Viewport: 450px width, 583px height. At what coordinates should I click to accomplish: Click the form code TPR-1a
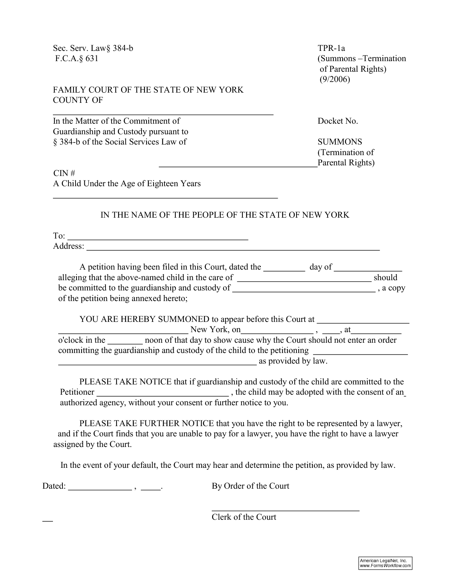[x=331, y=48]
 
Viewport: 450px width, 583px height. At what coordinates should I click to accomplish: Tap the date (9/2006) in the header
[x=335, y=79]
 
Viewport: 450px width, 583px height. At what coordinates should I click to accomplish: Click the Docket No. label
[x=338, y=121]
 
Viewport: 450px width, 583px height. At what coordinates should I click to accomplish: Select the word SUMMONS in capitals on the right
[x=340, y=142]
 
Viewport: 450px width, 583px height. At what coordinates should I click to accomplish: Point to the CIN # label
[x=64, y=173]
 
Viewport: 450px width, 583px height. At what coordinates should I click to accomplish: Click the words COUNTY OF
[x=78, y=100]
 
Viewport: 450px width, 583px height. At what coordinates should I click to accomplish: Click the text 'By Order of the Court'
[x=250, y=486]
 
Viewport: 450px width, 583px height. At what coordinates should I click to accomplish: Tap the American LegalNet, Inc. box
[x=385, y=563]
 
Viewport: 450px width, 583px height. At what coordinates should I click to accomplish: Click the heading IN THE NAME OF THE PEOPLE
[x=225, y=215]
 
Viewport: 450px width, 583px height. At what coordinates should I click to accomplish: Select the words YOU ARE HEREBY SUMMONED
[x=144, y=319]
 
